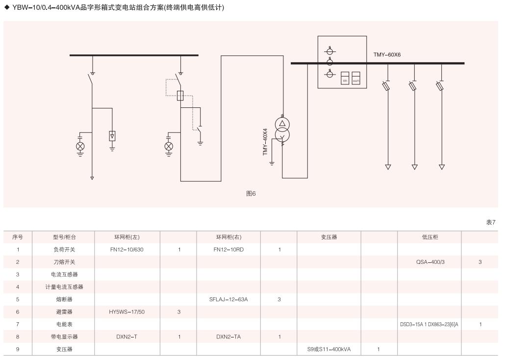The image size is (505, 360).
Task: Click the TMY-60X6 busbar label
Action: click(387, 55)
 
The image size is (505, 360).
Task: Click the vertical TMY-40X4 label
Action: click(265, 142)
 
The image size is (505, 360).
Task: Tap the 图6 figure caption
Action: click(251, 194)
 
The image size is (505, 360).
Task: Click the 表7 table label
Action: click(491, 222)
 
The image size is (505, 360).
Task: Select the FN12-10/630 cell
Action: click(127, 250)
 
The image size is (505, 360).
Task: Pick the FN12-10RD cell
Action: click(228, 250)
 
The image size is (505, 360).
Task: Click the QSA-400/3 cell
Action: click(430, 262)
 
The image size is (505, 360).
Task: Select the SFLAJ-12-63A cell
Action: click(228, 299)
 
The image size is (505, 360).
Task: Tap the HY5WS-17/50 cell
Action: click(127, 312)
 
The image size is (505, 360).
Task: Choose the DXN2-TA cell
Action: click(228, 337)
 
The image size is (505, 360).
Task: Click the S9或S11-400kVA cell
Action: click(329, 349)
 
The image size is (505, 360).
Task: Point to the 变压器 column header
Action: click(329, 237)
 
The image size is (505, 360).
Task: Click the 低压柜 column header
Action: click(430, 237)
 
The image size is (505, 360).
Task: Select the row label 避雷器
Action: click(64, 312)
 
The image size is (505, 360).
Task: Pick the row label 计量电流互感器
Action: click(64, 287)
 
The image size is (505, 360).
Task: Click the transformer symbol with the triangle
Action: click(282, 124)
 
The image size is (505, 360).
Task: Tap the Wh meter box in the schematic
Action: click(345, 78)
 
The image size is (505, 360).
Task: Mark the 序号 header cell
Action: click(18, 237)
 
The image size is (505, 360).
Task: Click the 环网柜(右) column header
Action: click(228, 237)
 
